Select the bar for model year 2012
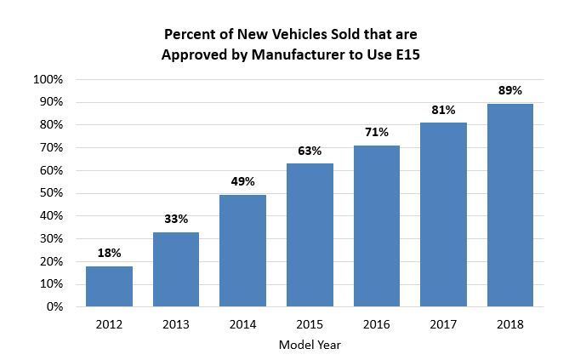(x=109, y=286)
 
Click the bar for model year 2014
(x=242, y=250)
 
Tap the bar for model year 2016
(x=377, y=226)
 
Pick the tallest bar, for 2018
(x=510, y=205)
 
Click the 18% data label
(x=109, y=253)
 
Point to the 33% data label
(x=176, y=219)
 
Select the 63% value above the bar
(x=310, y=151)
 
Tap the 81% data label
(x=443, y=110)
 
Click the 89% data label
(x=510, y=90)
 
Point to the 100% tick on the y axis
(x=47, y=80)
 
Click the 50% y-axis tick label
(x=49, y=193)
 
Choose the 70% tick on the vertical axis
(x=49, y=148)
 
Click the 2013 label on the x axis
(x=176, y=324)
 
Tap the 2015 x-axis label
(x=310, y=324)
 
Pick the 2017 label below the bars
(x=443, y=324)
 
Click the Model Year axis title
(x=310, y=345)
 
